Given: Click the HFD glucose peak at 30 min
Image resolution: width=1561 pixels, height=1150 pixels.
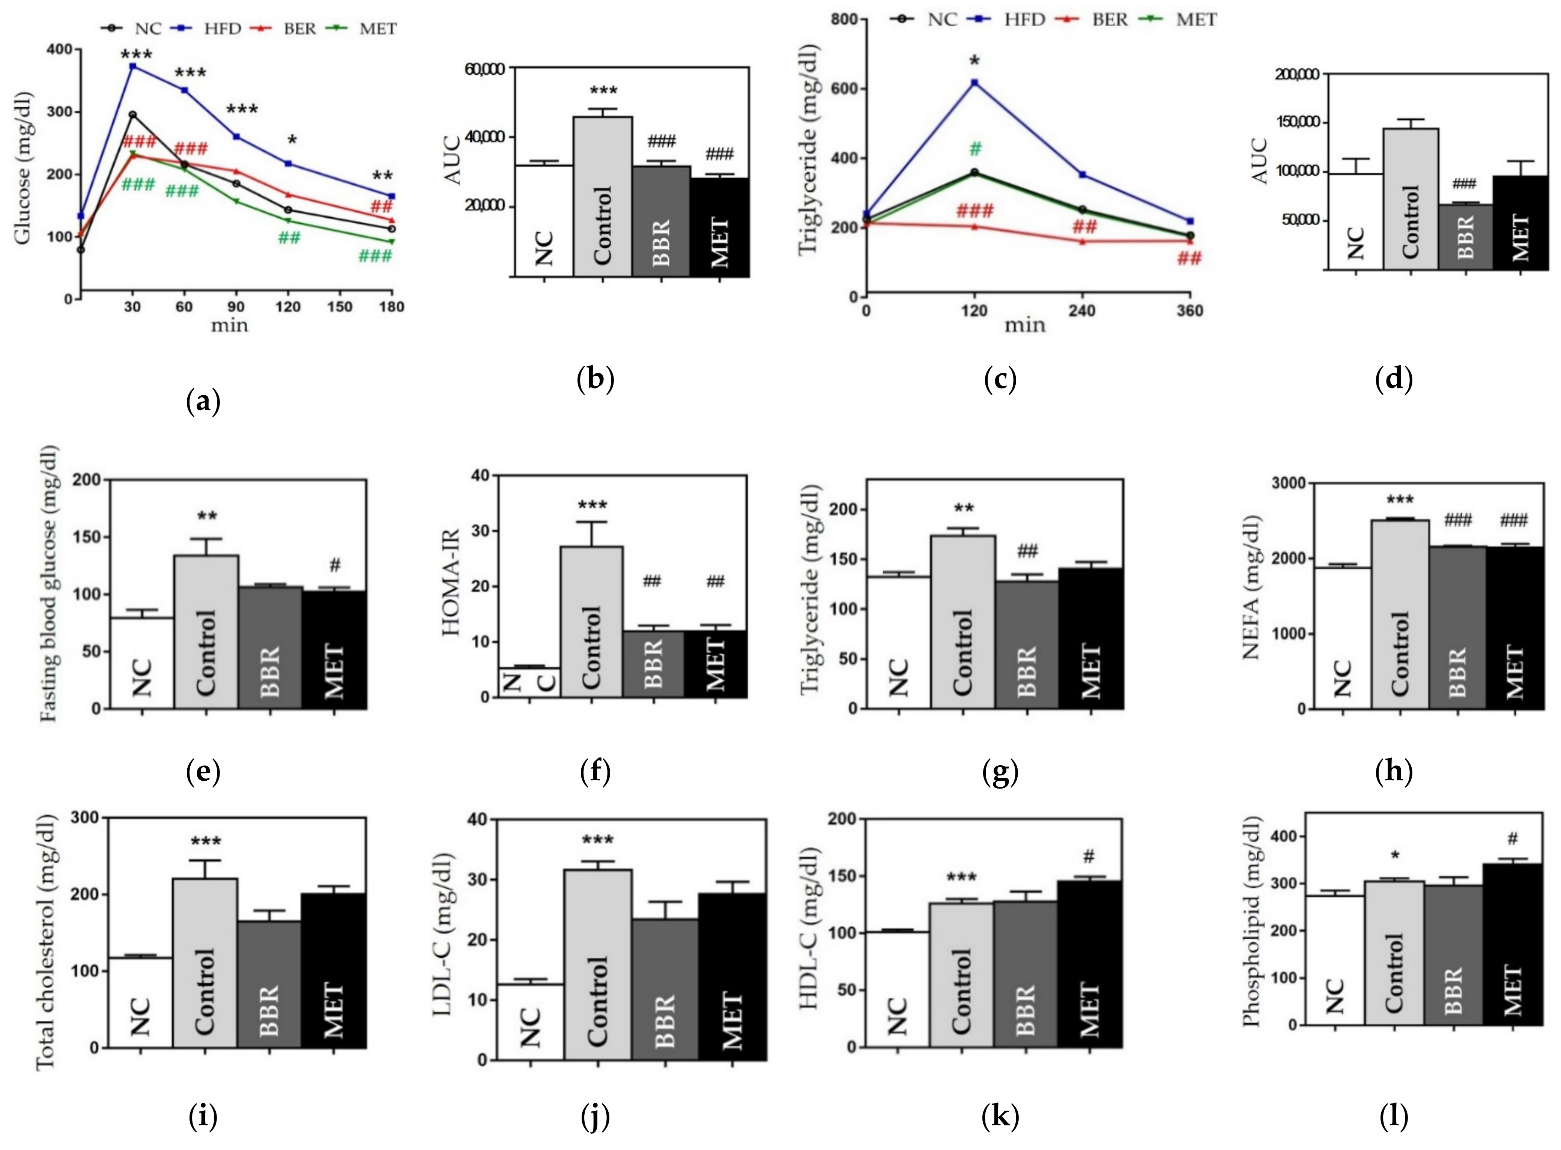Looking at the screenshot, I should coord(132,66).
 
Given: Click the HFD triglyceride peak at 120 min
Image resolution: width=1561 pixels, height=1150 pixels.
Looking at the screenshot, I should coord(974,83).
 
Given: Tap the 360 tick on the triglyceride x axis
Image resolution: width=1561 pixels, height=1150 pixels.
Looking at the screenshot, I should coord(1190,310).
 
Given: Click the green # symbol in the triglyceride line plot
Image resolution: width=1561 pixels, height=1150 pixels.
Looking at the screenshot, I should coord(975,148).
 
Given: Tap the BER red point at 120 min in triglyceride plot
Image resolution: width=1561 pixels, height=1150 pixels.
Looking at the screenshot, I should coord(974,226).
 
